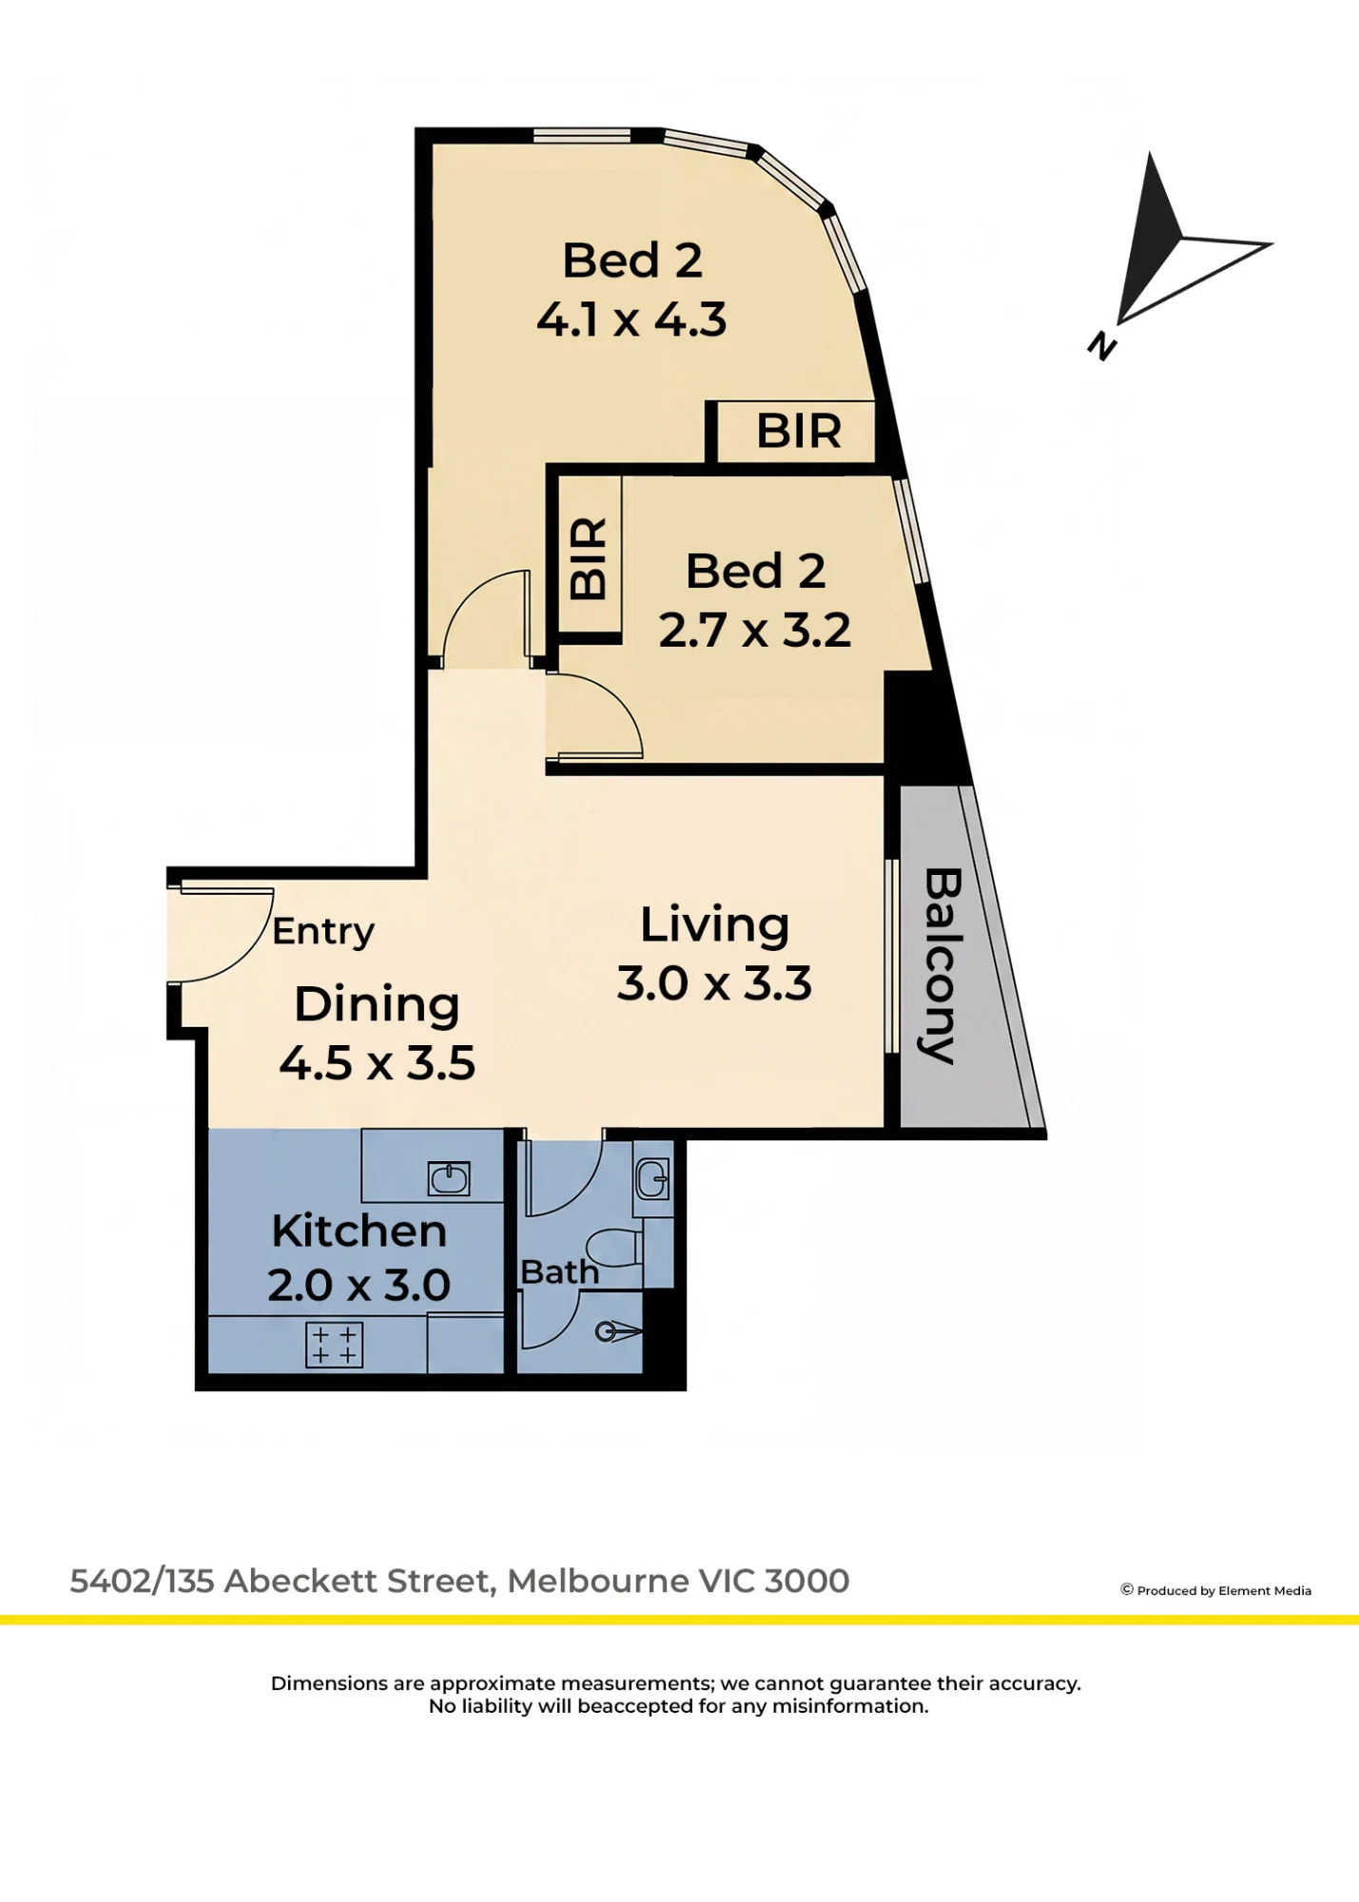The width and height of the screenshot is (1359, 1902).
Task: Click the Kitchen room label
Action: click(359, 1231)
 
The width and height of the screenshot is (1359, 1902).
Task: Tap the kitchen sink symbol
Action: click(449, 1179)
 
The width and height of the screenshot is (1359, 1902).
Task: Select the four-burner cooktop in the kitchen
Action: click(335, 1345)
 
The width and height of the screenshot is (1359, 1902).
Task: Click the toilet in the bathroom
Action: click(613, 1247)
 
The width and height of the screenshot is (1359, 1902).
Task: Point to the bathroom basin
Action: click(653, 1180)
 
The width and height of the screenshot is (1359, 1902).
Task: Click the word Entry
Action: click(323, 932)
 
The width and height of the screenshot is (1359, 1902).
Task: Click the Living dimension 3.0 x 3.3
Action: click(714, 983)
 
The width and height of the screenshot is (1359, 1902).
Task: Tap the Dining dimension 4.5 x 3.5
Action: click(378, 1063)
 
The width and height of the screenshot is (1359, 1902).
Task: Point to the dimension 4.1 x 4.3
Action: click(631, 320)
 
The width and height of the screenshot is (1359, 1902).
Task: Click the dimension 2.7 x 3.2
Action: click(755, 630)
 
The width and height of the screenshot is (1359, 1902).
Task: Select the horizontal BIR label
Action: click(799, 431)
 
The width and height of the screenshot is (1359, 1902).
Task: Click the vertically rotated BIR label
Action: click(589, 558)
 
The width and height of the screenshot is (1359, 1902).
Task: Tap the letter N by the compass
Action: click(1102, 345)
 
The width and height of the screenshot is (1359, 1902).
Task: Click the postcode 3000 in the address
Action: click(806, 1581)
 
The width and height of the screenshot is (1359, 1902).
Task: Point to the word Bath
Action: click(560, 1271)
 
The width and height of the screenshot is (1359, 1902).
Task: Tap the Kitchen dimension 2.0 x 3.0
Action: click(359, 1286)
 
